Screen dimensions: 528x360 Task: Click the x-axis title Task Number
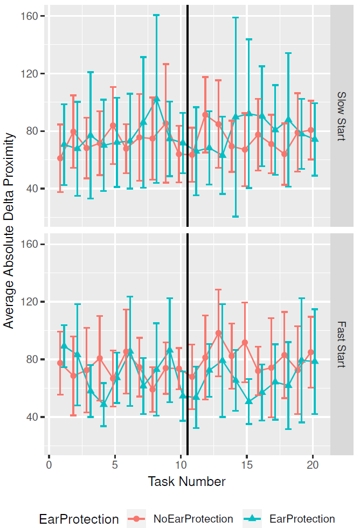(x=186, y=481)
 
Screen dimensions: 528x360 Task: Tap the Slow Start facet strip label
(x=341, y=116)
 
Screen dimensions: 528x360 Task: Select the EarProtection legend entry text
(x=302, y=519)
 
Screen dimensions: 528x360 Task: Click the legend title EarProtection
(x=79, y=519)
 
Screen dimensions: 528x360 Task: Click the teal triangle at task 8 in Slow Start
(x=157, y=99)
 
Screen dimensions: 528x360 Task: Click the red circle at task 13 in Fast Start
(x=218, y=333)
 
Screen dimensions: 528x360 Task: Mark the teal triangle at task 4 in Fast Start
(x=103, y=404)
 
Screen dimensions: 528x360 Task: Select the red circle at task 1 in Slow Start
(x=60, y=158)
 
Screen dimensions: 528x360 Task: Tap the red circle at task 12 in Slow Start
(x=205, y=115)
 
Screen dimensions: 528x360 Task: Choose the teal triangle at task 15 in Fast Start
(x=249, y=401)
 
